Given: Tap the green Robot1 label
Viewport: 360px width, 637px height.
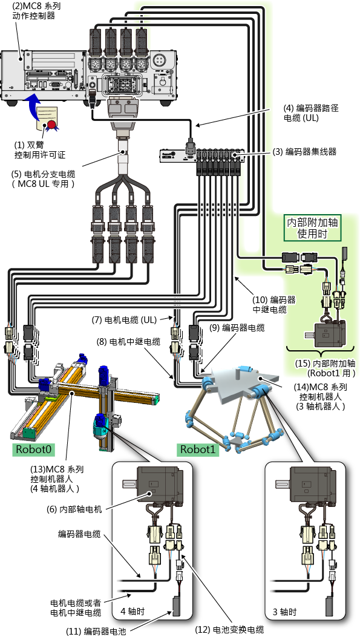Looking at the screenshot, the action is pyautogui.click(x=197, y=449).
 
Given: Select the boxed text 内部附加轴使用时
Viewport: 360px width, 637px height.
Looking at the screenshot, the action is pyautogui.click(x=312, y=228).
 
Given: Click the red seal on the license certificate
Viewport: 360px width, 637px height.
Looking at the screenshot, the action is pyautogui.click(x=51, y=124).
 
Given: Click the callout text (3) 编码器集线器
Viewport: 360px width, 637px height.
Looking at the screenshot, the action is pyautogui.click(x=304, y=152).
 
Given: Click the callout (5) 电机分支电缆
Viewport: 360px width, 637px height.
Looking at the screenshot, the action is pyautogui.click(x=44, y=178).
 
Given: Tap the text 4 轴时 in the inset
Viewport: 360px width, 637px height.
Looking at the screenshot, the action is pyautogui.click(x=133, y=612).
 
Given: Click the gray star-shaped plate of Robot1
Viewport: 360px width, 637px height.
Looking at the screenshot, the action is pyautogui.click(x=240, y=382).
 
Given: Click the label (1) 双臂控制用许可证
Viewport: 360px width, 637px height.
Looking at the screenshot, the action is pyautogui.click(x=40, y=149).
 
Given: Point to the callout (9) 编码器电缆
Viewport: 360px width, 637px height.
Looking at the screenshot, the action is pyautogui.click(x=237, y=327).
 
